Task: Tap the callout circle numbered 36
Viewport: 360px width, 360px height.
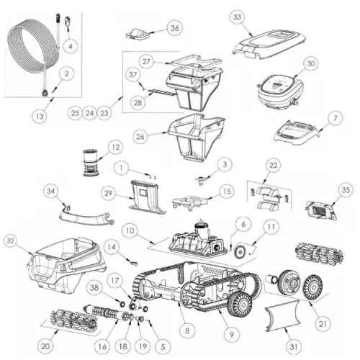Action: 174,27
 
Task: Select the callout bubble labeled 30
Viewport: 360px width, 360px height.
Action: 310,64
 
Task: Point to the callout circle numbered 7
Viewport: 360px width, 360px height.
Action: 333,117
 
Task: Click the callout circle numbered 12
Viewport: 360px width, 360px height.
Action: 114,148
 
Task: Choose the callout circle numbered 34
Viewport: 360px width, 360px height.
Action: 50,191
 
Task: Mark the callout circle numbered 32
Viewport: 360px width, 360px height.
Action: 11,240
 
